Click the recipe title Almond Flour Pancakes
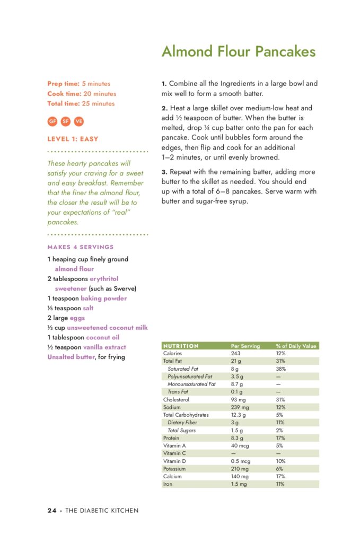tap(238, 51)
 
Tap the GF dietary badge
tap(52, 121)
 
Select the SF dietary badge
tap(66, 121)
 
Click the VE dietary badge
tap(79, 121)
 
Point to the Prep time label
tap(63, 84)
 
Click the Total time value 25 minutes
tap(98, 103)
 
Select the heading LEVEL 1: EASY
tap(73, 139)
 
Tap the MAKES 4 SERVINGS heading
tap(80, 247)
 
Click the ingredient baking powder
tap(103, 299)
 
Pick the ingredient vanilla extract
tap(104, 347)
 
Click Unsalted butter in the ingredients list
tap(71, 357)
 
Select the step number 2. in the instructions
tap(164, 108)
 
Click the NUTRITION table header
tap(181, 346)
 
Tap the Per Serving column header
tap(245, 346)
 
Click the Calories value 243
tap(236, 353)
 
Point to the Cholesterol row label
tap(176, 399)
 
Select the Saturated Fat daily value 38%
tap(281, 369)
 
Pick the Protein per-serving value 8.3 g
tap(237, 438)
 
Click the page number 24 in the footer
tap(52, 511)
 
